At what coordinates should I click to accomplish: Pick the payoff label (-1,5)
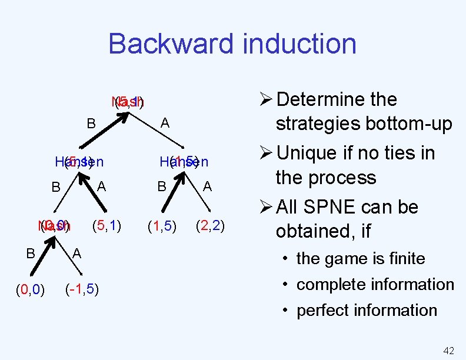click(82, 289)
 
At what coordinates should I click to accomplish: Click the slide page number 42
click(448, 351)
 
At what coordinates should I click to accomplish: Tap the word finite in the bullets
click(403, 258)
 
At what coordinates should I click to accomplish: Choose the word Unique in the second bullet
click(313, 154)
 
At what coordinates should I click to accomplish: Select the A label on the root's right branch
click(165, 123)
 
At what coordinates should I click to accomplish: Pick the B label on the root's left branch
click(91, 124)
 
